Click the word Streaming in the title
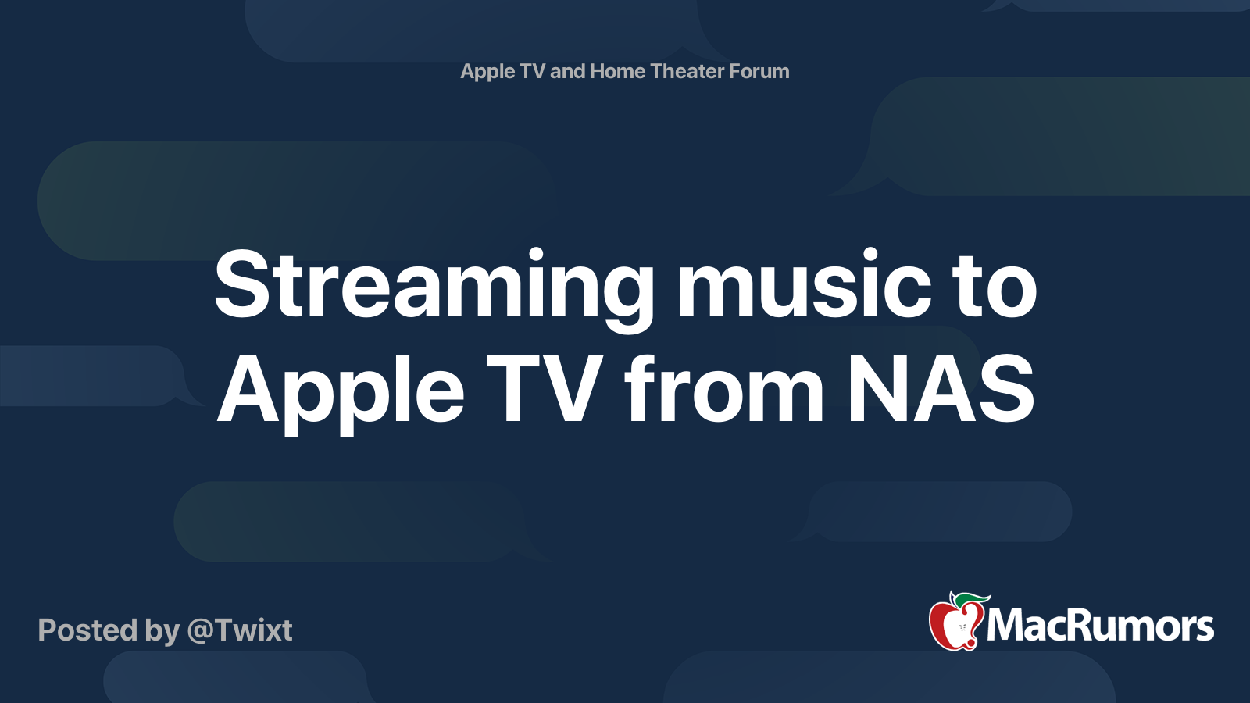point(434,288)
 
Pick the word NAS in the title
point(941,388)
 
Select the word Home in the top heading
point(617,71)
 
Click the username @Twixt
point(240,630)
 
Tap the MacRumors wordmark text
point(1100,626)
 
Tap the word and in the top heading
point(567,71)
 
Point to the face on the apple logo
point(962,630)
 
